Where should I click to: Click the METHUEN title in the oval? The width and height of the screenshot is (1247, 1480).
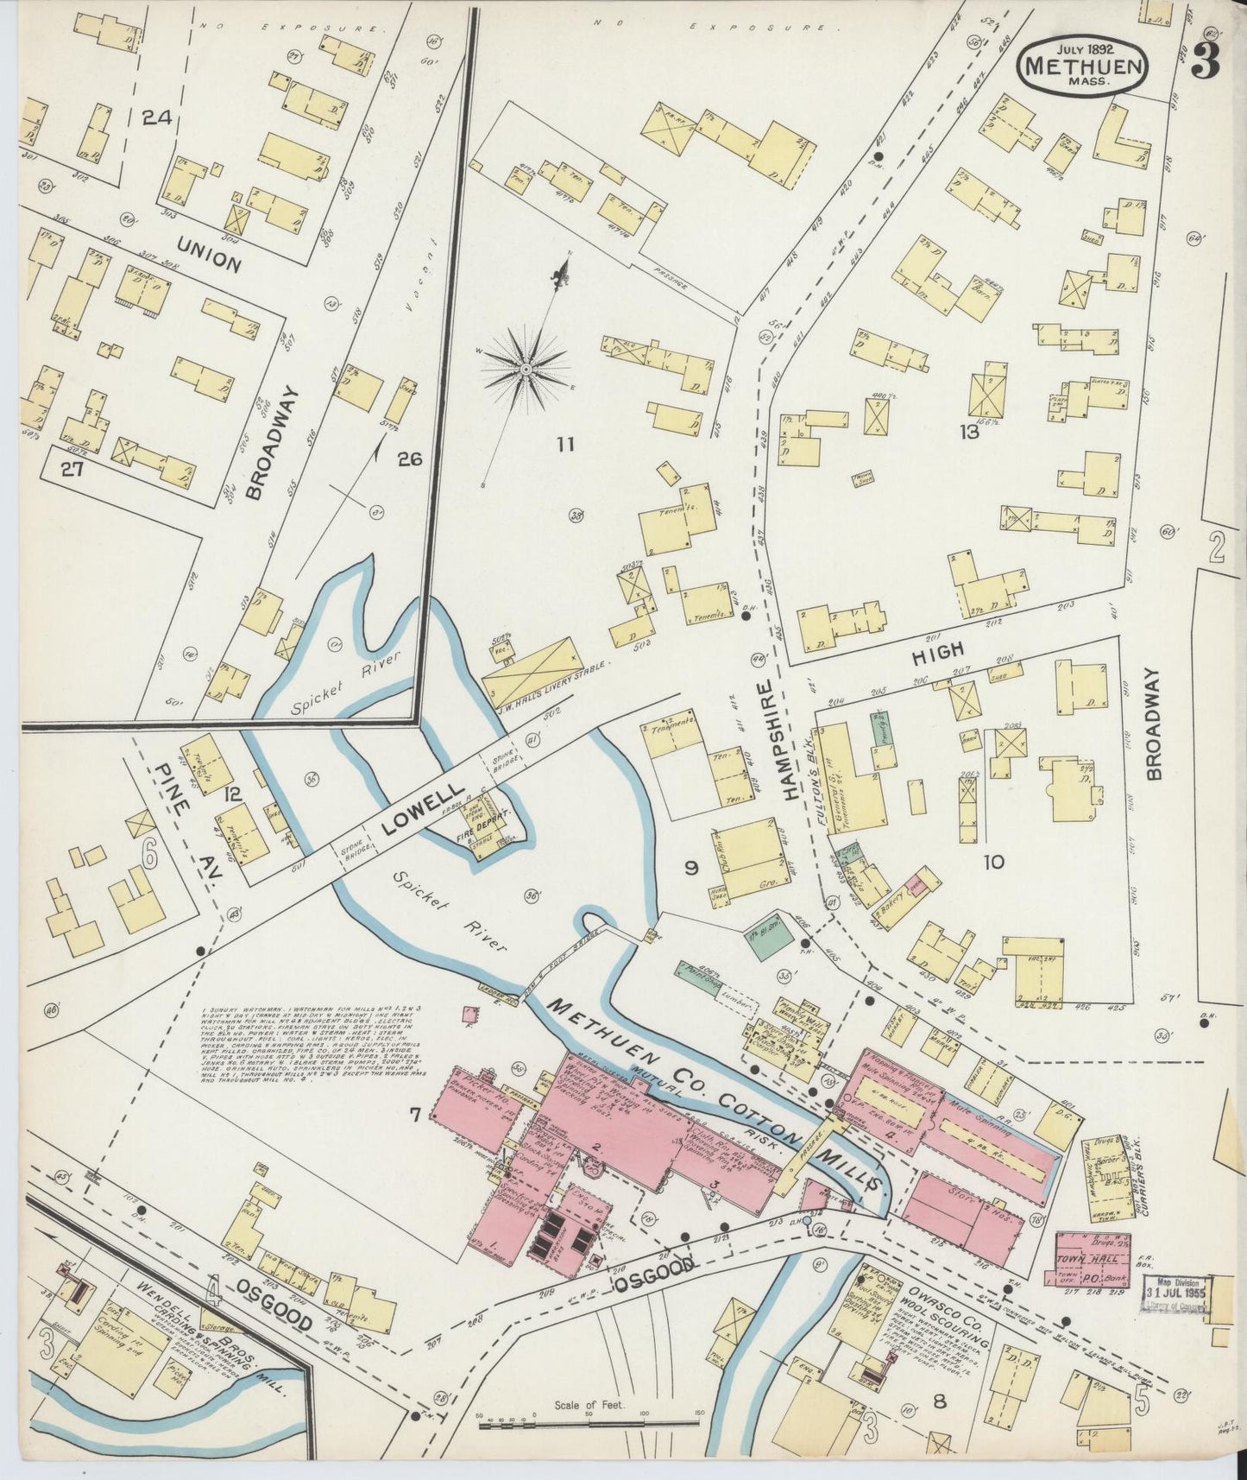[x=1084, y=65]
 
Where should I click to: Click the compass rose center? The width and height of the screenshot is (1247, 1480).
[x=525, y=370]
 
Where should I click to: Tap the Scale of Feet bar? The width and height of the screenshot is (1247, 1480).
[x=589, y=1414]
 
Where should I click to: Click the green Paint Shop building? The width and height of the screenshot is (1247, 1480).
[x=700, y=977]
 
